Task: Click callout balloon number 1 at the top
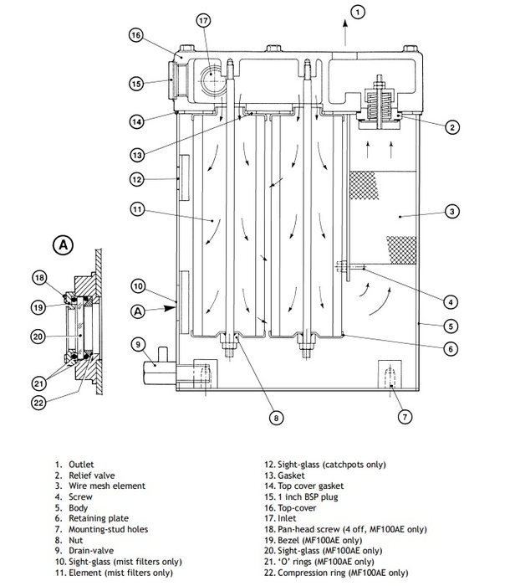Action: [x=357, y=12]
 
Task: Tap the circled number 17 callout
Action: [x=204, y=20]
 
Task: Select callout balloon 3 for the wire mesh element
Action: [x=451, y=212]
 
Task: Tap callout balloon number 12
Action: [x=138, y=178]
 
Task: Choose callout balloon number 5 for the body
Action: [x=451, y=326]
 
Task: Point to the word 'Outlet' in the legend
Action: [x=83, y=463]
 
